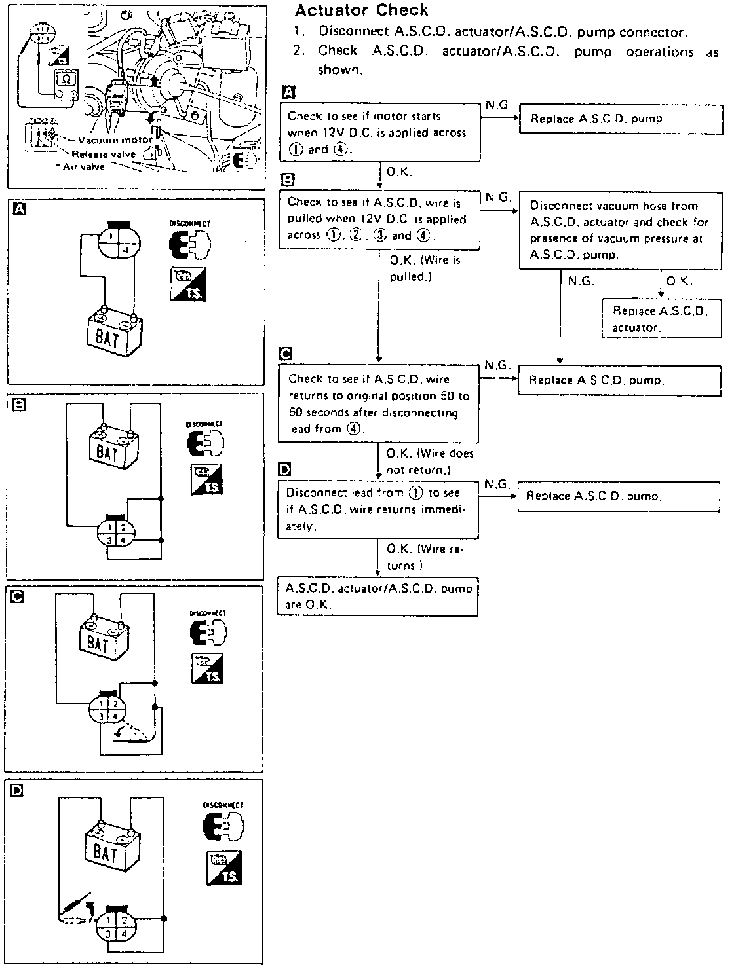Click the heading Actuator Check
[x=361, y=10]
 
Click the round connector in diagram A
[x=118, y=242]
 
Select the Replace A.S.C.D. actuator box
[x=659, y=319]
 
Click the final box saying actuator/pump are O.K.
[x=377, y=596]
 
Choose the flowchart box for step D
[x=377, y=509]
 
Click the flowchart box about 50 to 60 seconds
[x=379, y=404]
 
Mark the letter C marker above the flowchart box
[x=285, y=354]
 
